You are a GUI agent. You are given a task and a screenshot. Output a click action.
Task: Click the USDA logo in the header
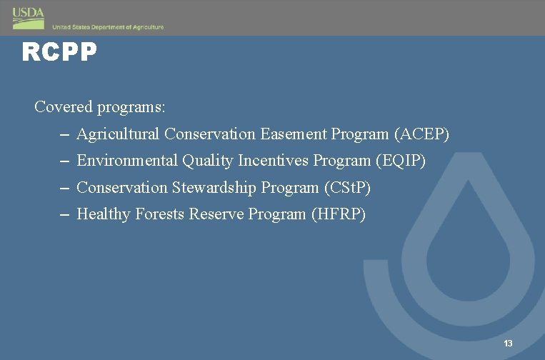(x=28, y=18)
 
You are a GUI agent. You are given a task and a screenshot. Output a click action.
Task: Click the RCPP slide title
(x=59, y=52)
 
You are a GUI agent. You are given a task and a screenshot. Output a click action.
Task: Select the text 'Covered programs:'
(x=100, y=107)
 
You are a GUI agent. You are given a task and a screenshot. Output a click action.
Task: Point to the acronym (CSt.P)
(x=347, y=188)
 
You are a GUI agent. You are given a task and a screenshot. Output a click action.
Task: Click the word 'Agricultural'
(x=118, y=134)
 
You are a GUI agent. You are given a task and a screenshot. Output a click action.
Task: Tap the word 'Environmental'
(x=127, y=161)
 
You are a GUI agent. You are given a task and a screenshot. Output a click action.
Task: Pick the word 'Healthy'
(x=102, y=214)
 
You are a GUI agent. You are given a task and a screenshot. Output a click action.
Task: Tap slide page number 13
(x=508, y=344)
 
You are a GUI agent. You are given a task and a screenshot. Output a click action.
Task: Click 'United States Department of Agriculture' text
(x=108, y=27)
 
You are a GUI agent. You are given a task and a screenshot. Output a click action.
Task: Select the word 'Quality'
(x=207, y=161)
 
